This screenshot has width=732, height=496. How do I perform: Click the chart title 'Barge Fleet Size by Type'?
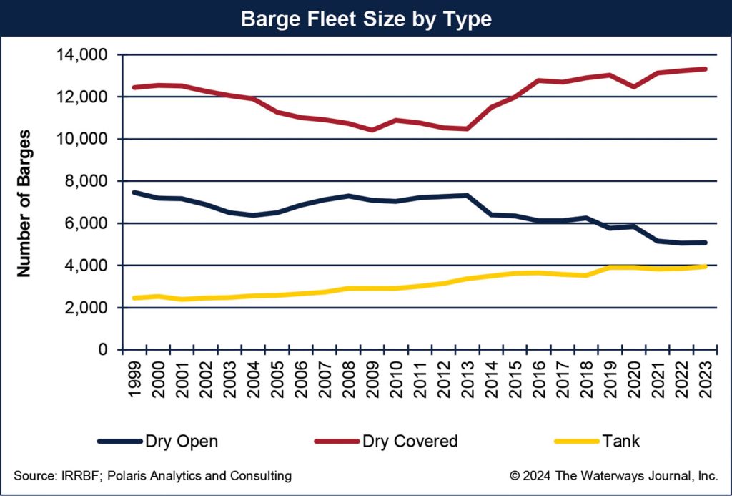click(366, 19)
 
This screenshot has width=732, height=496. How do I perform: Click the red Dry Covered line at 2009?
click(372, 130)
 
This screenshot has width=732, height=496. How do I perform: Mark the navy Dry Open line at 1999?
click(134, 193)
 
